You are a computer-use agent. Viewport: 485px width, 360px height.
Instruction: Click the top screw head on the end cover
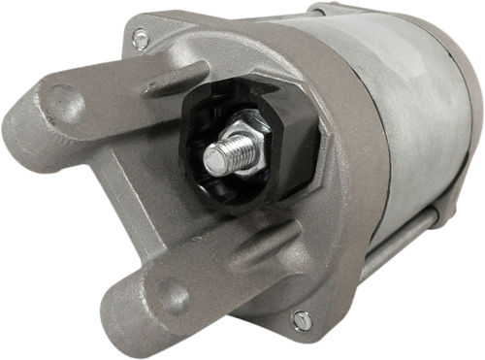click(x=141, y=38)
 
